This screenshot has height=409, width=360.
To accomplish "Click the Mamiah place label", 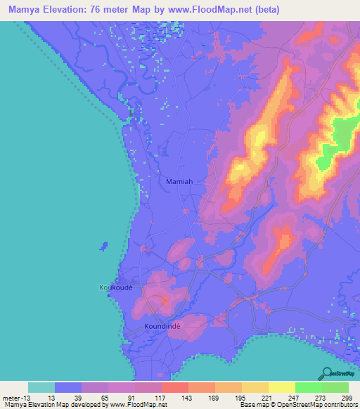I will click(179, 181).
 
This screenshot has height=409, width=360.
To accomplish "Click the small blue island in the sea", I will click(105, 245).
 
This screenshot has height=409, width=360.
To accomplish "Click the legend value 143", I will click(188, 398).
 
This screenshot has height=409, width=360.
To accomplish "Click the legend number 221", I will click(268, 398).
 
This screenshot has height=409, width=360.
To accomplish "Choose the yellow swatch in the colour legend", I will click(281, 387).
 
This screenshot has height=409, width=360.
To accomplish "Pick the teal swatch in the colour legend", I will click(41, 387).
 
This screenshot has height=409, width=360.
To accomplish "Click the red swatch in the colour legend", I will click(174, 387).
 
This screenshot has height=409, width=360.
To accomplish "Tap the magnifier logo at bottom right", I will click(328, 373).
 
